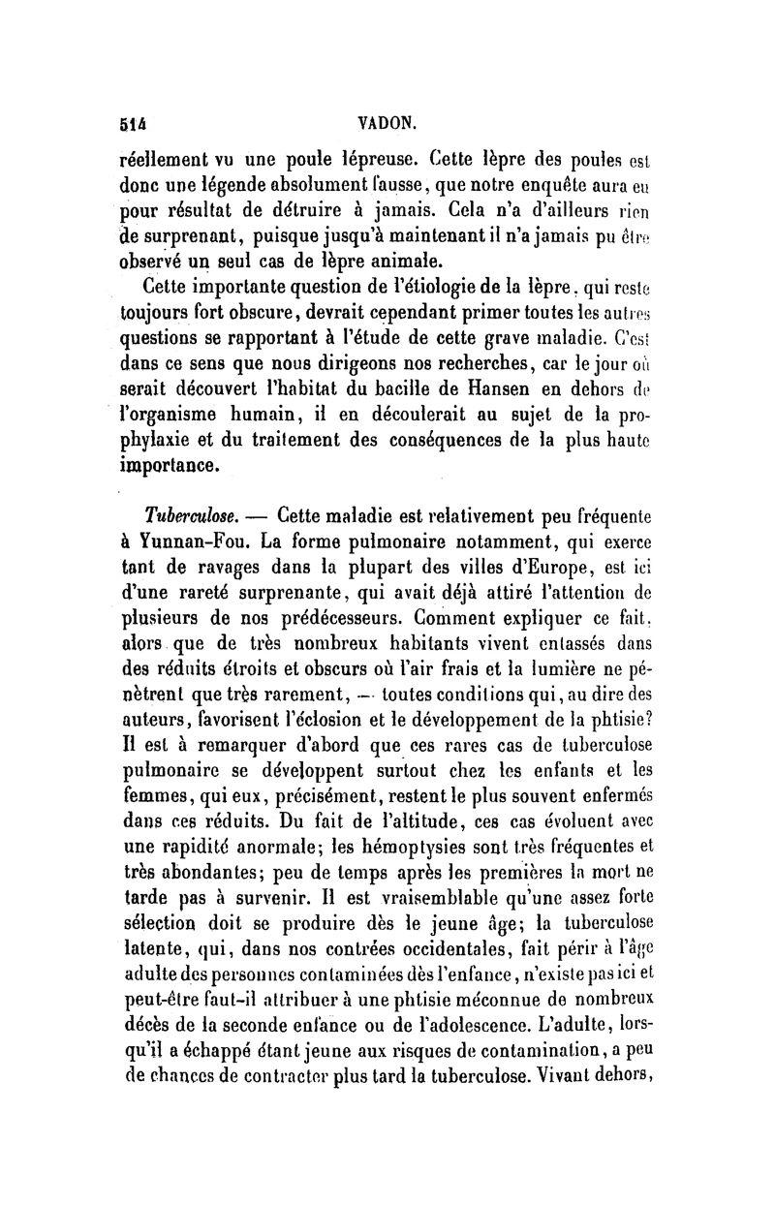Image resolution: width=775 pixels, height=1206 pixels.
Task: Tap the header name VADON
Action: tap(385, 122)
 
